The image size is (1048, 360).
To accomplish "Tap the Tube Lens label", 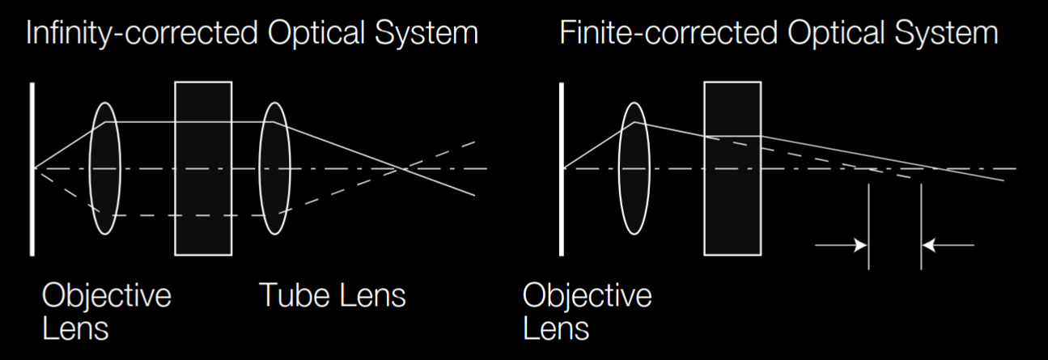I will (x=332, y=295).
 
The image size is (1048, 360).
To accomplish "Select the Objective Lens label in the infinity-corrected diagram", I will (x=106, y=311).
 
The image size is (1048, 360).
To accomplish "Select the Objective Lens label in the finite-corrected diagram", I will (x=587, y=311).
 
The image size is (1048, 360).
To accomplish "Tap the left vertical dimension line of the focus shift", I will (x=868, y=227).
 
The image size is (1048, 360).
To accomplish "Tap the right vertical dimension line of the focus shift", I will (x=921, y=227).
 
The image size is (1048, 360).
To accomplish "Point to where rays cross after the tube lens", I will (x=399, y=168).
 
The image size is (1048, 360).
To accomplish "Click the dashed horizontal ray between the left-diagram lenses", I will (x=194, y=215).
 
